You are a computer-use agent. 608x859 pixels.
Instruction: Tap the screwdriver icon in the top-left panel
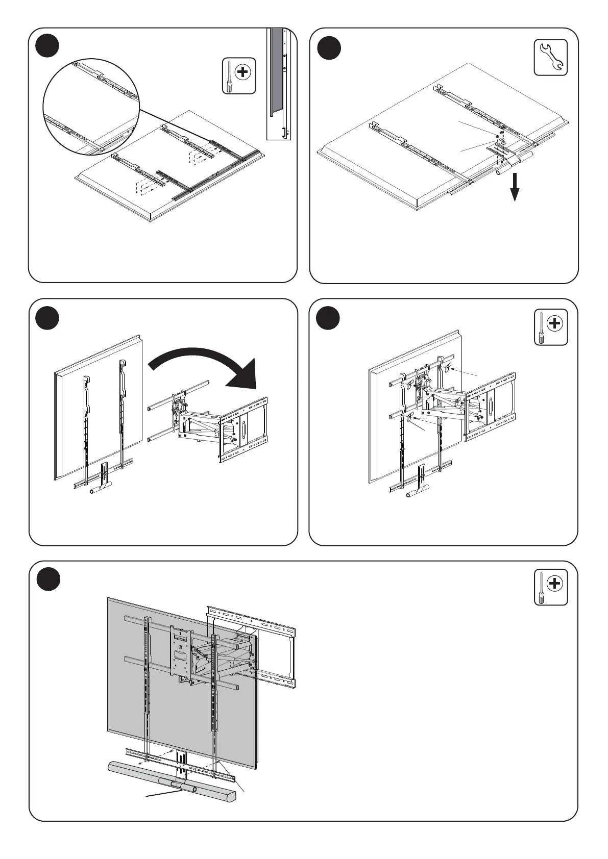(238, 75)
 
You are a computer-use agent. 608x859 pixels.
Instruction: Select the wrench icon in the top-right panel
(550, 57)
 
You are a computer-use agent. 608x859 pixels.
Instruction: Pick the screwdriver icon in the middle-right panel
(550, 327)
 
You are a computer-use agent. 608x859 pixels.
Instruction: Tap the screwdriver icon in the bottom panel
(550, 587)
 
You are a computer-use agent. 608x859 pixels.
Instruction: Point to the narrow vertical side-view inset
(278, 84)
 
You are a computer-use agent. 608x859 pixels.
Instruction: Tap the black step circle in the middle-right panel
(328, 318)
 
